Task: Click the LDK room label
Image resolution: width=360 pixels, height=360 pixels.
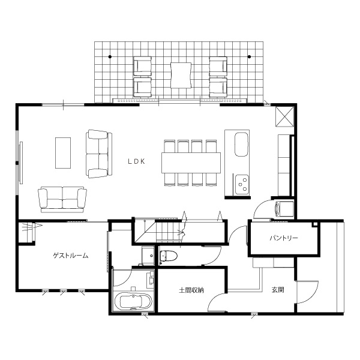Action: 136,161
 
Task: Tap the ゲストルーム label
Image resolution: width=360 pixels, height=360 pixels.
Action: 70,256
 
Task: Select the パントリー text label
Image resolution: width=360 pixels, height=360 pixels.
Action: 284,238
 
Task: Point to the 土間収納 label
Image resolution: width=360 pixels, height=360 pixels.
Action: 191,290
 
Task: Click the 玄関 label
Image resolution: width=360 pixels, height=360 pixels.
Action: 278,290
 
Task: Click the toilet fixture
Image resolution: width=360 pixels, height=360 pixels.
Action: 169,256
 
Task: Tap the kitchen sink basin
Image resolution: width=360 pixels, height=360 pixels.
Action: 241,144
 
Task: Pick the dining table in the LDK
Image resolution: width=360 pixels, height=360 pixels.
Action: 191,163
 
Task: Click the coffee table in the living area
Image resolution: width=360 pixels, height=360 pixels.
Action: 63,153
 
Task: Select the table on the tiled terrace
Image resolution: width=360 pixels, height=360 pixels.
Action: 181,76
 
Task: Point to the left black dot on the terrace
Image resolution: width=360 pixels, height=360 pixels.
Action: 110,56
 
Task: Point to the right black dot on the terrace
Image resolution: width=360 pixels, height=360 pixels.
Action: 250,56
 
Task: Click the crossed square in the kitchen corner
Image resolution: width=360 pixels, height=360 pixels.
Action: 284,116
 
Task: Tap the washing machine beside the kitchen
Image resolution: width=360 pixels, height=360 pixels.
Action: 284,209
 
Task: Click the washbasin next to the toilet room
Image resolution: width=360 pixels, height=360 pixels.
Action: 148,256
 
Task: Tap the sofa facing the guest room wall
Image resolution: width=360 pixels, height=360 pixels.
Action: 62,199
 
